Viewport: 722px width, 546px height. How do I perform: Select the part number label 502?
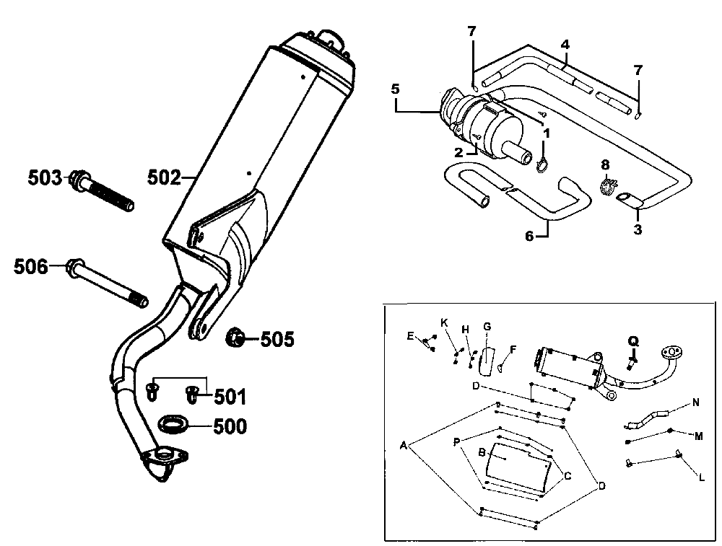coord(165,177)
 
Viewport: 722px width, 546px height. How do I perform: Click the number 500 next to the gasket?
coord(230,427)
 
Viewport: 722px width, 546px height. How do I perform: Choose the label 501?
coord(230,397)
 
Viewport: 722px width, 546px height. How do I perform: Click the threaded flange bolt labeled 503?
coord(105,191)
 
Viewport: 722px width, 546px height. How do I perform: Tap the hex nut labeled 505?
coord(236,337)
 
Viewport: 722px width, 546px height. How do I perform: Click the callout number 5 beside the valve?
coord(395,90)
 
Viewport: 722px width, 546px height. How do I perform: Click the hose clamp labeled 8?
coord(606,187)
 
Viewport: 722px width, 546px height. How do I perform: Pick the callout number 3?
coord(637,230)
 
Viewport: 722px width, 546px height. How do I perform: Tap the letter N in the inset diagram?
coord(695,403)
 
